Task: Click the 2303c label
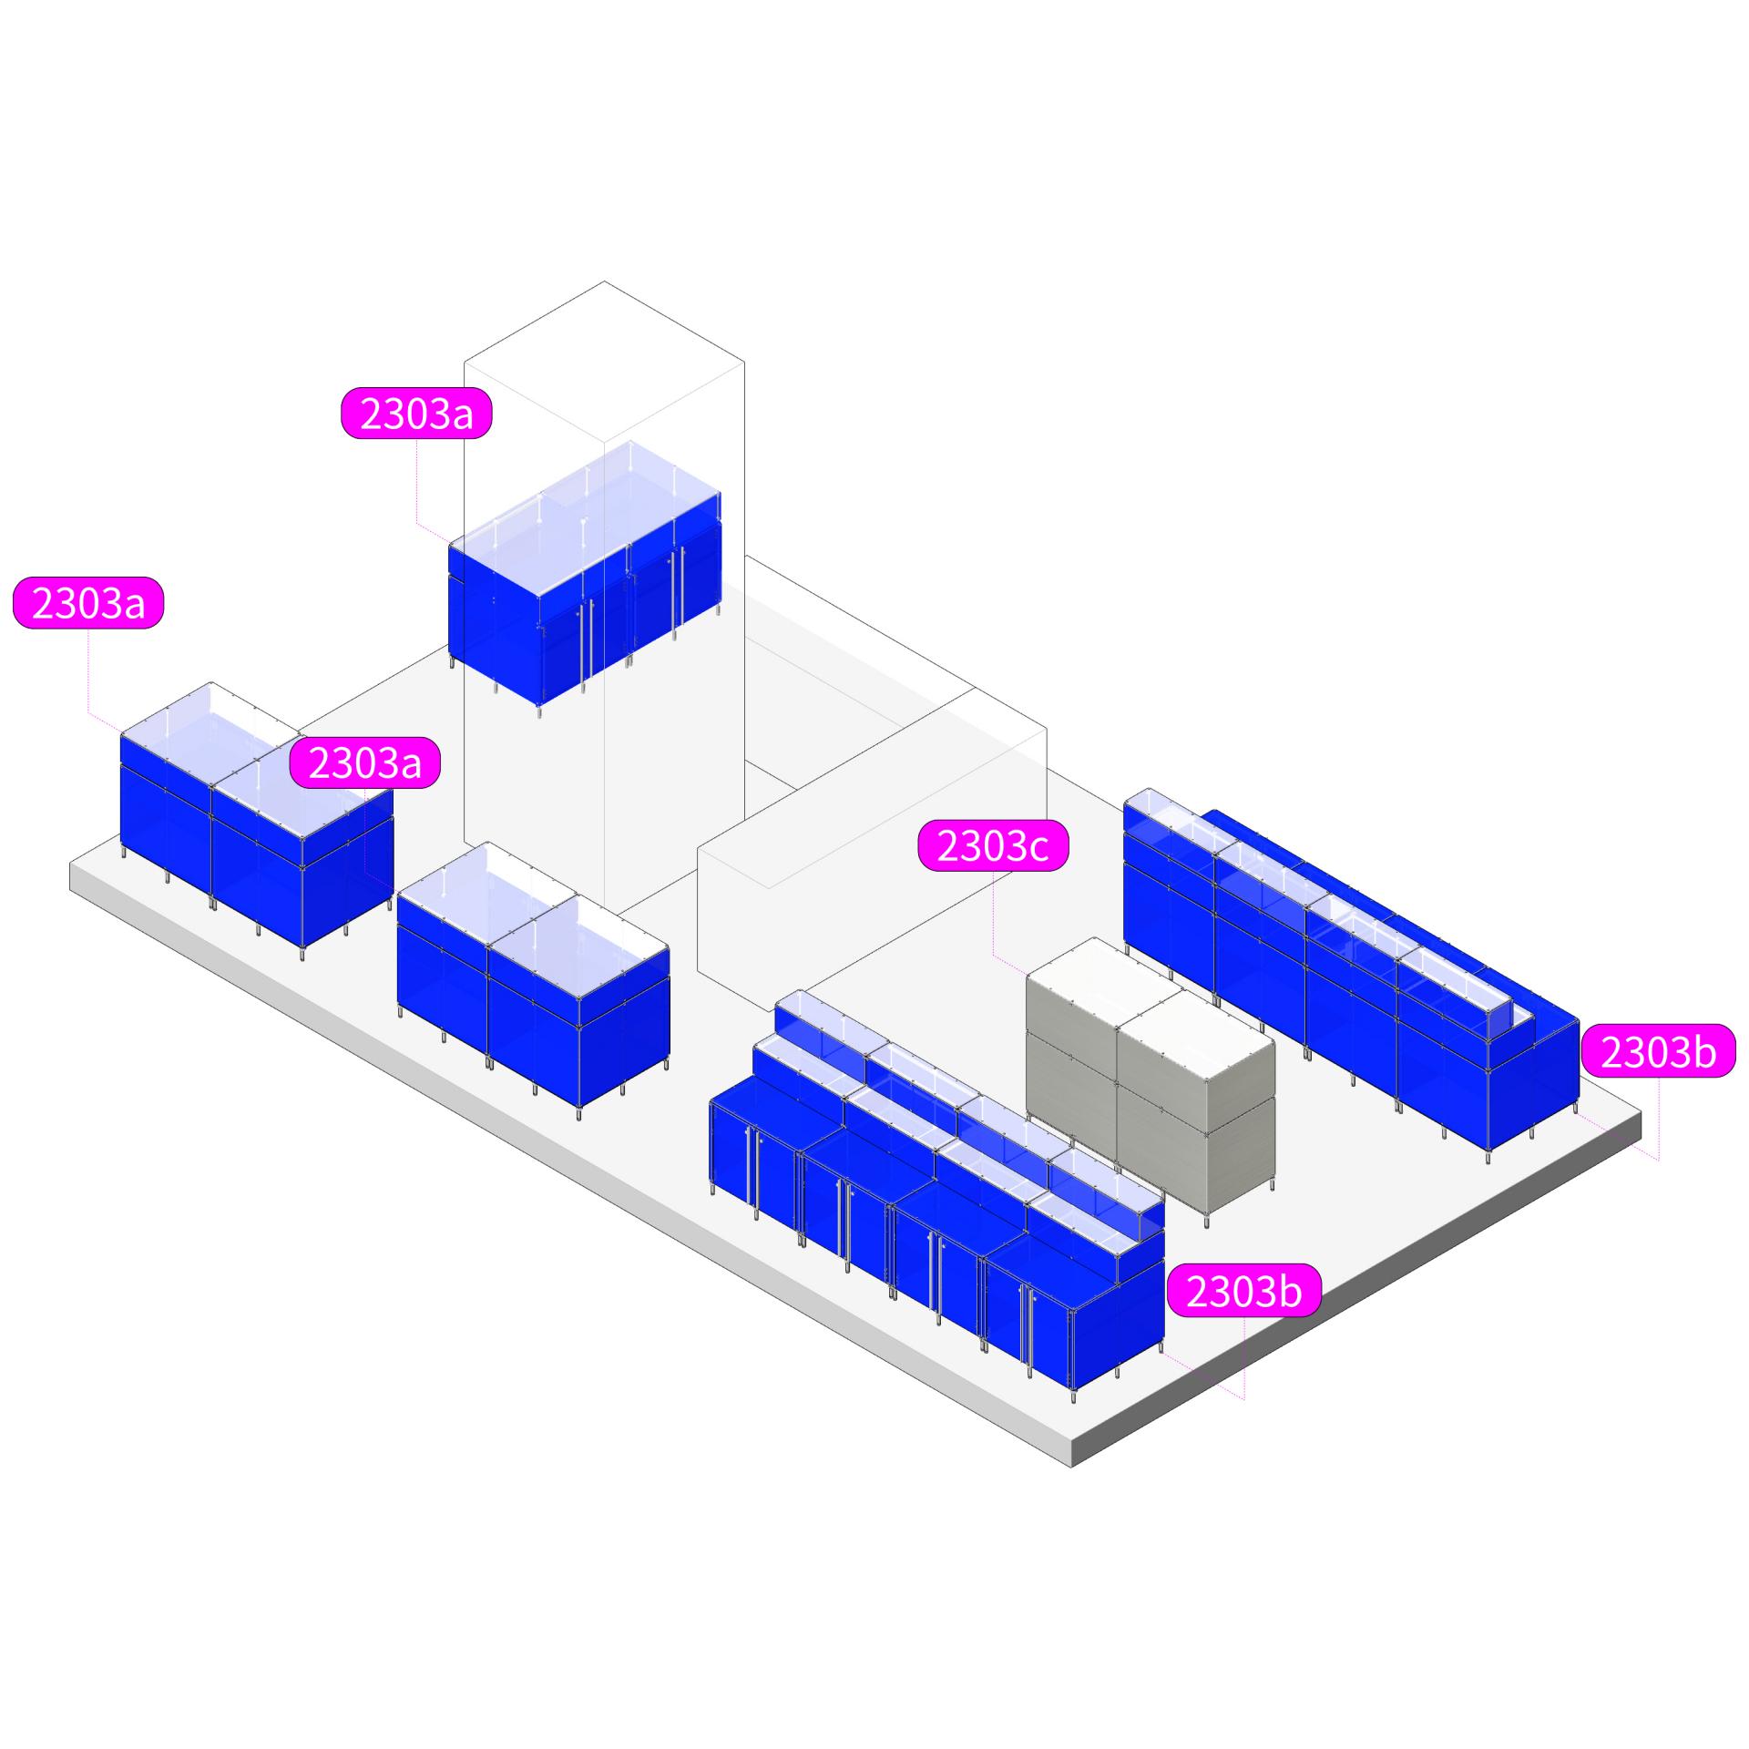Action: (x=992, y=846)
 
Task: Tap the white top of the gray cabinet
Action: (x=1150, y=1002)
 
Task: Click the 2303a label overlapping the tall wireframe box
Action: (x=416, y=414)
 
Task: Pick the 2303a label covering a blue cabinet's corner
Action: (x=364, y=762)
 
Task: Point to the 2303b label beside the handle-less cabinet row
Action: (x=1658, y=1052)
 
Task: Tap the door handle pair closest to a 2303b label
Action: (x=1028, y=1330)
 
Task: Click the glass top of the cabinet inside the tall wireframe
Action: (x=583, y=510)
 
